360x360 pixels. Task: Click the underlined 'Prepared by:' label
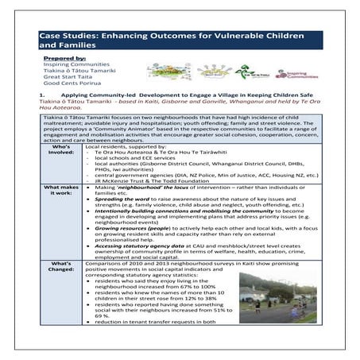click(x=66, y=59)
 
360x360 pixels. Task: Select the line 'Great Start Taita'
click(x=68, y=75)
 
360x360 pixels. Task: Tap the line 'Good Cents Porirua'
click(x=71, y=82)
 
